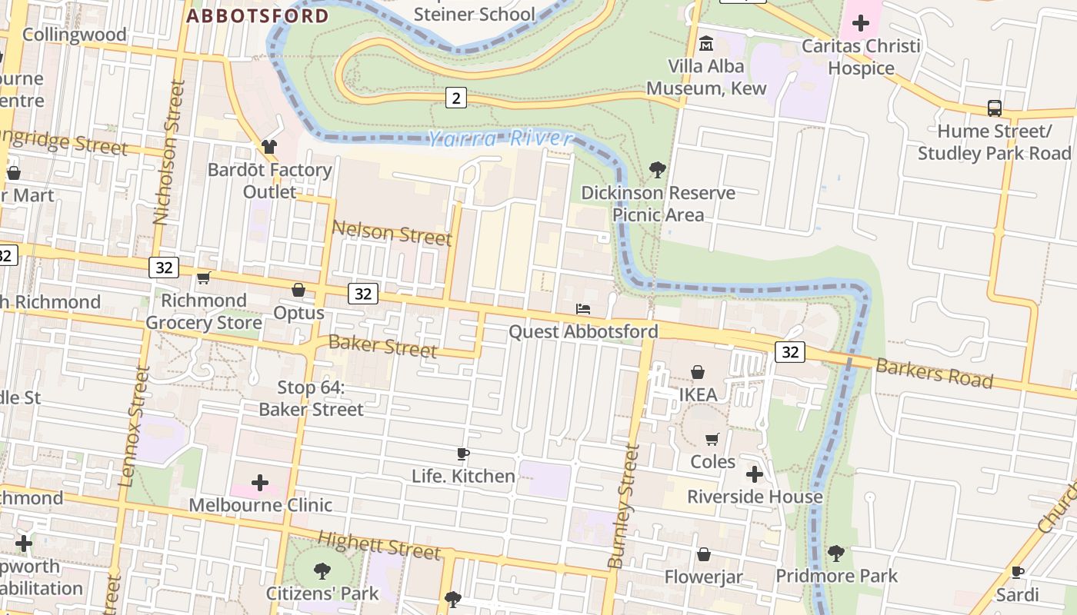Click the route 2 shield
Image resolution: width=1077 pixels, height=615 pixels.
click(x=456, y=98)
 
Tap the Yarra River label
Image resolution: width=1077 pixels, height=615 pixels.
click(x=500, y=139)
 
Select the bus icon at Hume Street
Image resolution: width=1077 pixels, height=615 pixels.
click(x=994, y=108)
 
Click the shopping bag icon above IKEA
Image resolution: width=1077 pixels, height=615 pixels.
click(x=698, y=373)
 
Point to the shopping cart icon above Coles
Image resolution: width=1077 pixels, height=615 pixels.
click(x=712, y=439)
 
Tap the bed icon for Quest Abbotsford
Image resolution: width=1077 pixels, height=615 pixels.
click(x=583, y=309)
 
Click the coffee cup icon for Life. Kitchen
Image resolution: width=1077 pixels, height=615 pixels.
click(x=462, y=454)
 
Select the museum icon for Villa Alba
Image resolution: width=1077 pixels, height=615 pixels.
click(x=705, y=44)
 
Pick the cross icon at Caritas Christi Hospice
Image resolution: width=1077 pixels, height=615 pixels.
click(x=860, y=23)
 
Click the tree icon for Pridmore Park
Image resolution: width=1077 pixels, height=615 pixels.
click(x=835, y=553)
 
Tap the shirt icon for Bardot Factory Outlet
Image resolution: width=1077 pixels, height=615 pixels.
click(x=268, y=146)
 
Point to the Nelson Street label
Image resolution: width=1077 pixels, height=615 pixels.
click(x=392, y=233)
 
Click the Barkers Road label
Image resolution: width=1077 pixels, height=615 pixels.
click(x=934, y=373)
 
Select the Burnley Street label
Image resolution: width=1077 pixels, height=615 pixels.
click(x=625, y=507)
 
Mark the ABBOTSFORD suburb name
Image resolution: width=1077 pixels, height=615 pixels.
click(x=258, y=15)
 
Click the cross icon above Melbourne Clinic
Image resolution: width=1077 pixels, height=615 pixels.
click(x=260, y=483)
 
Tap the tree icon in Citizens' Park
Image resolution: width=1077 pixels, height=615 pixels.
click(x=322, y=570)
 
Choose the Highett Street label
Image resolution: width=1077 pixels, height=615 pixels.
click(x=379, y=546)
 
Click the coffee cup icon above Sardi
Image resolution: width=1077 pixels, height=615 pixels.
click(x=1017, y=572)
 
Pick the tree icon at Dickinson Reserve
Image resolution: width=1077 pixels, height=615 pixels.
click(x=657, y=169)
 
